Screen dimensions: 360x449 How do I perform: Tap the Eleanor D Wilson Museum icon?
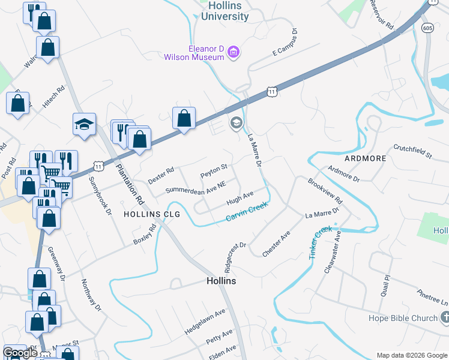pos(234,53)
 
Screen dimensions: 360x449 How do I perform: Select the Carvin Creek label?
pos(246,213)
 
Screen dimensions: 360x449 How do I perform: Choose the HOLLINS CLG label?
pos(147,214)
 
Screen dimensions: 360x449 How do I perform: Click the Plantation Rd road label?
pos(131,184)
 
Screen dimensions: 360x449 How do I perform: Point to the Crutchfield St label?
pos(413,152)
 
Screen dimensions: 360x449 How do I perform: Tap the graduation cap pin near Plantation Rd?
pos(85,125)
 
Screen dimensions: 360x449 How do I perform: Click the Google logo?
pos(20,353)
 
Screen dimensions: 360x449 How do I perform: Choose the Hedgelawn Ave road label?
pos(205,321)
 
